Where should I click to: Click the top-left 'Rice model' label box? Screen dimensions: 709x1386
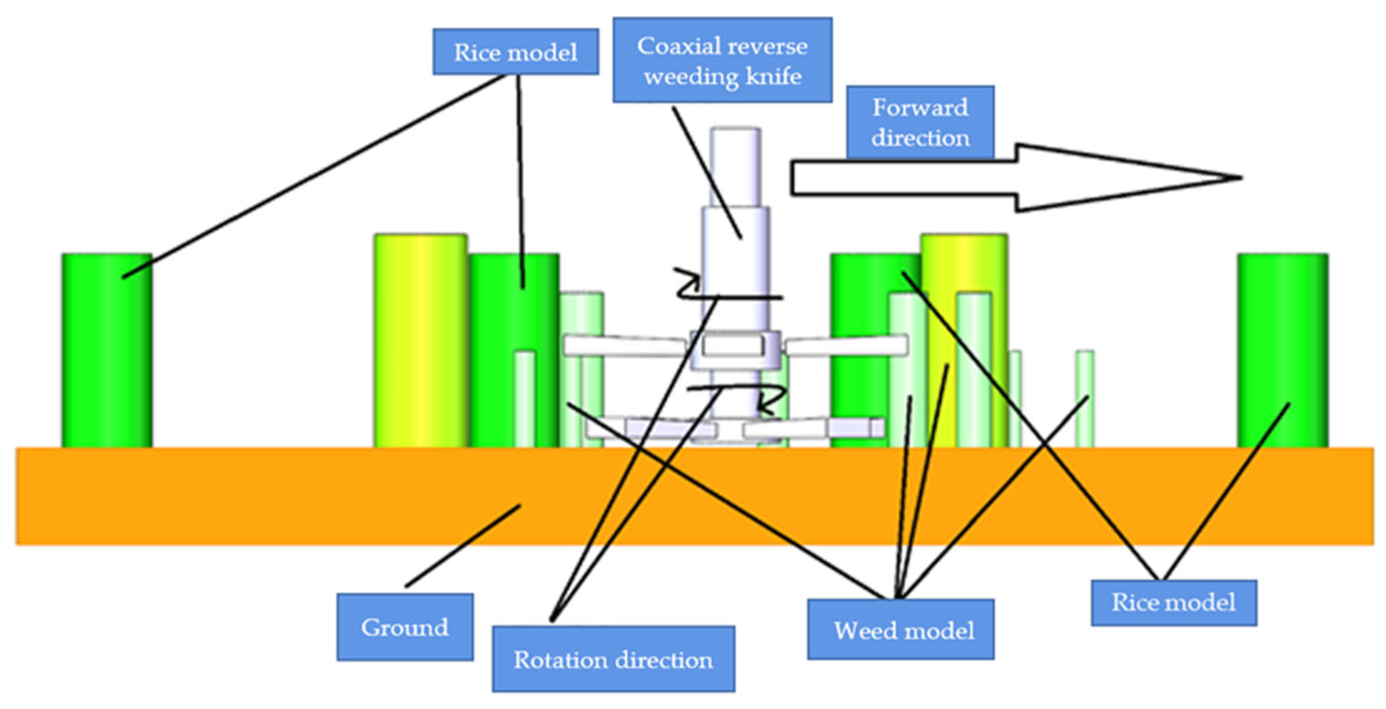coord(515,51)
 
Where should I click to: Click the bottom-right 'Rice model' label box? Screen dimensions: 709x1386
coord(1174,602)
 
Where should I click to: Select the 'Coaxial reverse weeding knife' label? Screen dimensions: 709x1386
coord(722,60)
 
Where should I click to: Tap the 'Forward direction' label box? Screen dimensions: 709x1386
coord(920,122)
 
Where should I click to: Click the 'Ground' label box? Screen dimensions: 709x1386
coord(405,627)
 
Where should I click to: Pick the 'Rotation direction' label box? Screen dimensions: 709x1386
coord(613,659)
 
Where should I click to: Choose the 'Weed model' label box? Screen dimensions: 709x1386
coord(900,629)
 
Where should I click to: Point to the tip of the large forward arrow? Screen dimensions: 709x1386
coord(1238,177)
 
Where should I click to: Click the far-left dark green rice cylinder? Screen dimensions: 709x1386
coord(106,349)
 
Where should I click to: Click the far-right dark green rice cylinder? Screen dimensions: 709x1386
coord(1282,349)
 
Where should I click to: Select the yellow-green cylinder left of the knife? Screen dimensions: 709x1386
coord(420,339)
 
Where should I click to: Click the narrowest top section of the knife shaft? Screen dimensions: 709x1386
coord(735,167)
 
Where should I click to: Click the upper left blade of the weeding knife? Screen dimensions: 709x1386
coord(624,345)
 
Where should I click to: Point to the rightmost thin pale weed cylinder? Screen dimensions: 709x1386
coord(1084,398)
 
